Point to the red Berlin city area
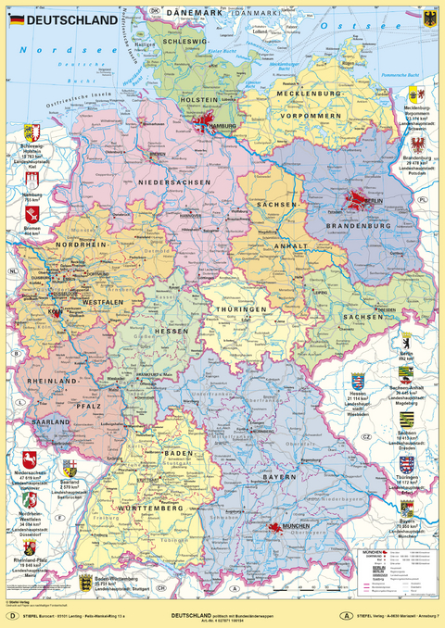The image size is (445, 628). [x=357, y=199]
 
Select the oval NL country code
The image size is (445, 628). [x=14, y=270]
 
